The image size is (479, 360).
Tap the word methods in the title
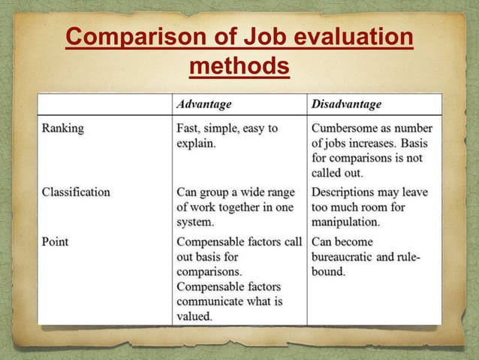[239, 68]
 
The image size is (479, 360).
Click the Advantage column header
[203, 104]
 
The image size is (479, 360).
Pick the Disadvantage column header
[346, 104]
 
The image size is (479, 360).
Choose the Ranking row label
[63, 128]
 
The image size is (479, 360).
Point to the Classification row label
[76, 192]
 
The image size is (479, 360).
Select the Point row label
[55, 242]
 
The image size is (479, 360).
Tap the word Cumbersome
[348, 128]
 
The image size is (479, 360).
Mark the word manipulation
[345, 222]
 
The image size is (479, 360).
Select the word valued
[194, 316]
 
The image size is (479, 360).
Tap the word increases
[373, 143]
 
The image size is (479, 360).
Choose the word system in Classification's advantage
[194, 222]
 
